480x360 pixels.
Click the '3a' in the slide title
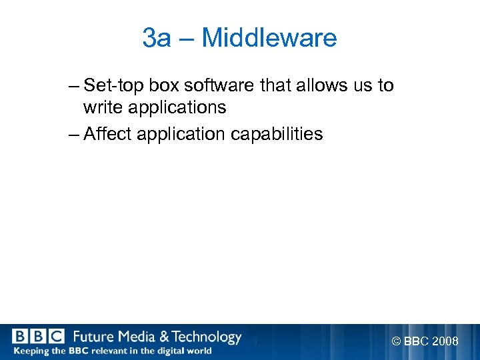click(157, 38)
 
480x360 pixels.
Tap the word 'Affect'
click(108, 134)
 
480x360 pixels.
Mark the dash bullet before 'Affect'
click(73, 135)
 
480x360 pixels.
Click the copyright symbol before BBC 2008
click(397, 342)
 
